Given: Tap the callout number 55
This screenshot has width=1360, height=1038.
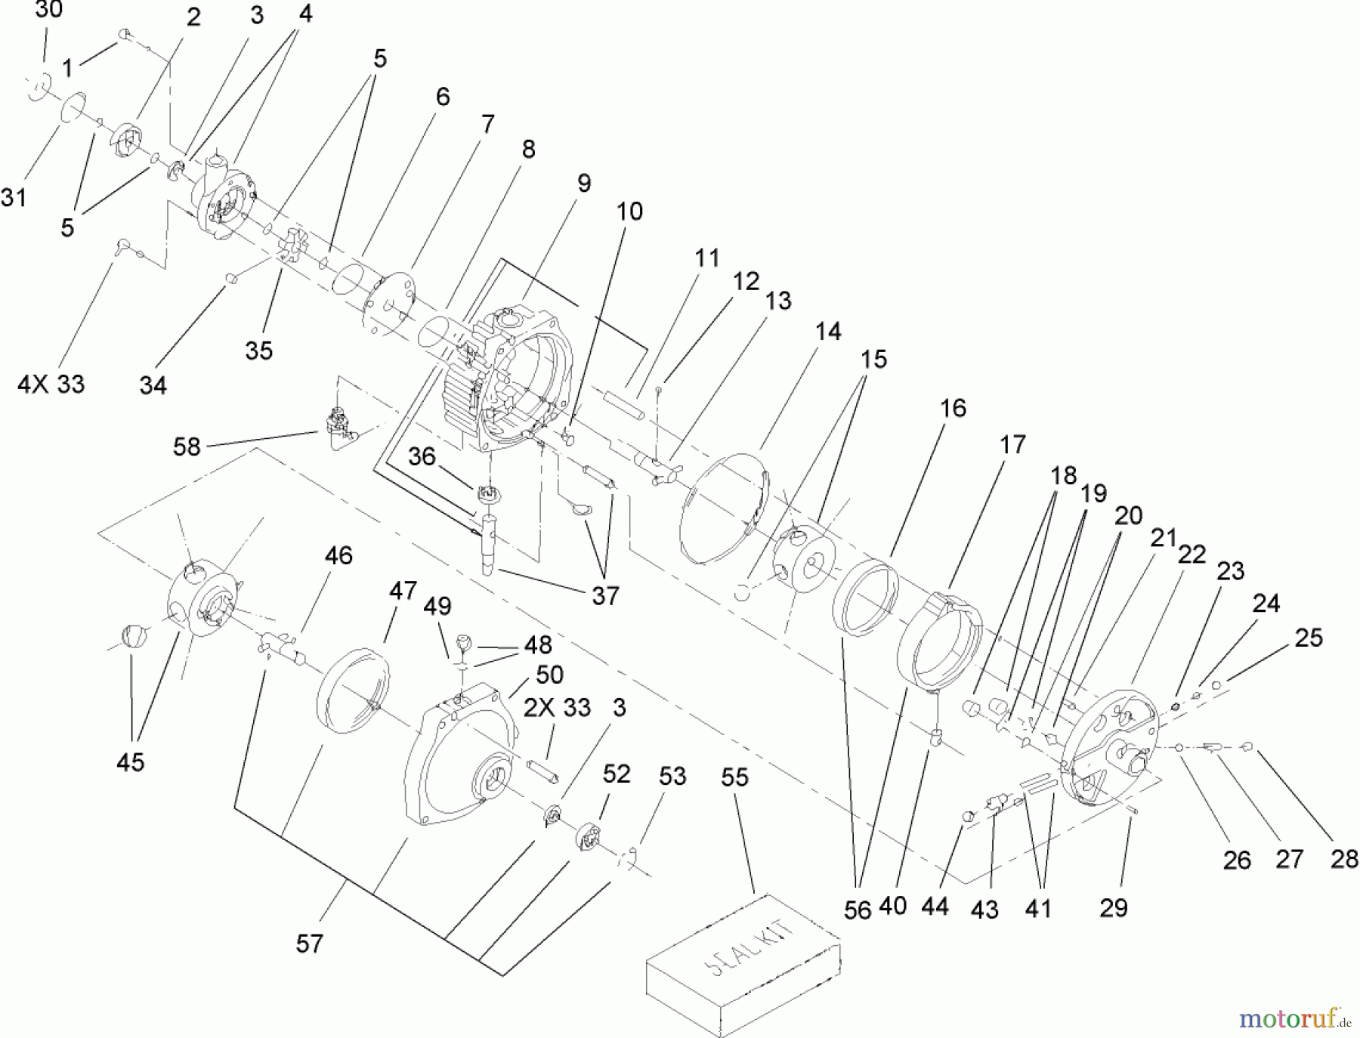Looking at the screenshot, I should pos(734,777).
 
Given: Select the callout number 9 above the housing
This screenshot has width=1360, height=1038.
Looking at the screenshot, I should pos(583,184).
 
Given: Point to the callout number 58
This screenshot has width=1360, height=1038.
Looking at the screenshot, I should pos(187,446).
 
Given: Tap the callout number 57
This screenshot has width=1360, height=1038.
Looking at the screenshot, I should pos(309,944).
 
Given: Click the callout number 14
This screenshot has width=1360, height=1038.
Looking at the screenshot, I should pos(828,331).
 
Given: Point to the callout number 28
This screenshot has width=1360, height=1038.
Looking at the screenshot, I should pos(1344,859).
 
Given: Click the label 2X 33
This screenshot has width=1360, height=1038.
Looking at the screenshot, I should pos(557,708).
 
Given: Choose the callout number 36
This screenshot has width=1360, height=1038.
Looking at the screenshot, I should pos(422,457).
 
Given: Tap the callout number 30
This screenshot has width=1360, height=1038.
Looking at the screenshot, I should pos(49,11).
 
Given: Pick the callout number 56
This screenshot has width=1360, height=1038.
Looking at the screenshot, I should pos(858,910).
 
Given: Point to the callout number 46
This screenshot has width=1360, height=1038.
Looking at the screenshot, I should pos(338,556).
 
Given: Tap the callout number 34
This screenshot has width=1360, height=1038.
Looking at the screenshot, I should pos(153,385).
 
